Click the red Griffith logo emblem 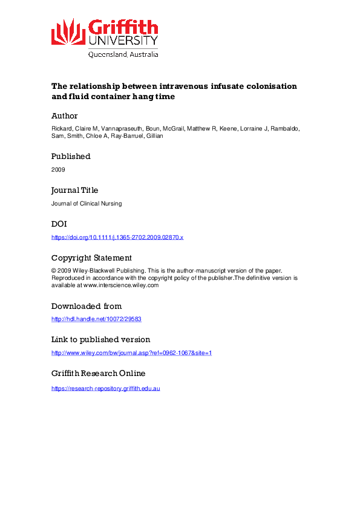tap(68, 31)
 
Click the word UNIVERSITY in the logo tap(123, 41)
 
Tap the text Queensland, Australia tap(123, 54)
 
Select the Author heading tap(64, 115)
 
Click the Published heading tap(71, 156)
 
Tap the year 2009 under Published tap(58, 169)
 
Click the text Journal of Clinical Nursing tap(87, 203)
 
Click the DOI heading tap(59, 224)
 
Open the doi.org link tap(117, 237)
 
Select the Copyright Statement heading tap(91, 258)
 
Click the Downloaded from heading tap(87, 306)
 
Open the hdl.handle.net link tap(97, 319)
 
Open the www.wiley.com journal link tap(131, 352)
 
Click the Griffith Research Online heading tap(98, 373)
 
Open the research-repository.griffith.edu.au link tap(106, 387)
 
